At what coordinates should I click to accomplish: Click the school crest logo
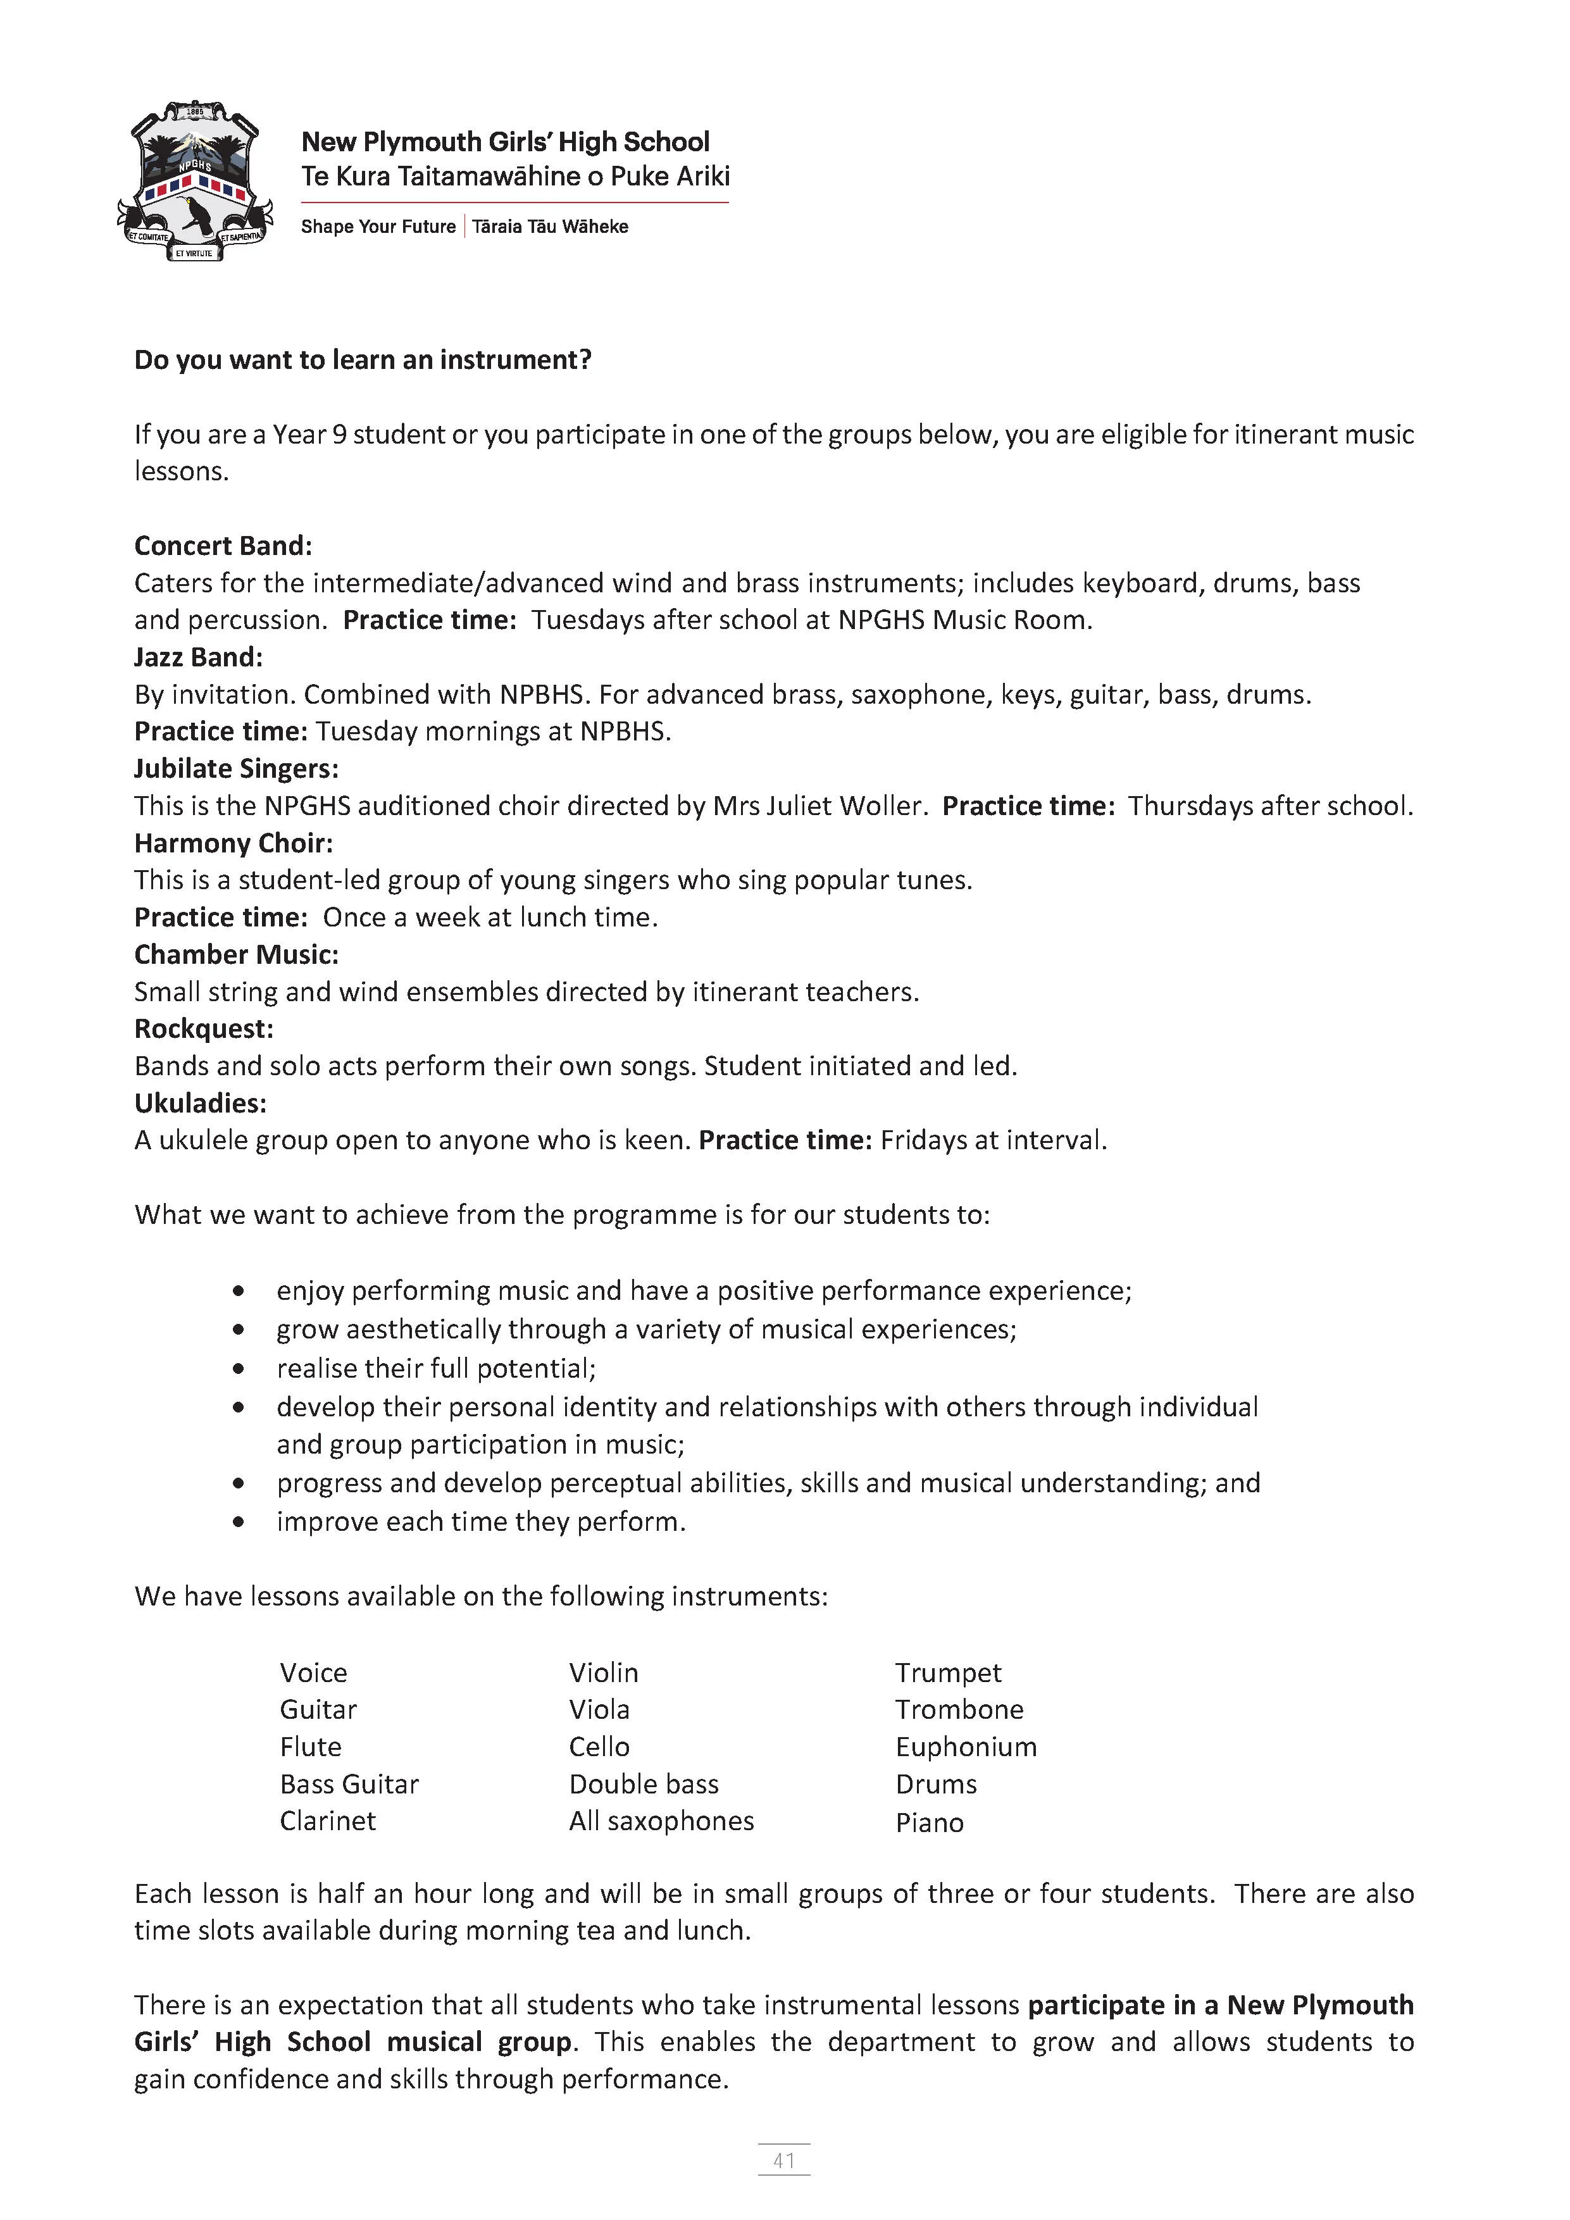point(194,182)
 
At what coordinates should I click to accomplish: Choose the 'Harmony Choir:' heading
point(233,842)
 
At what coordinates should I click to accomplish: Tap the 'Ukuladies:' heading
point(200,1102)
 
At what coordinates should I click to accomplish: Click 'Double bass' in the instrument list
point(643,1784)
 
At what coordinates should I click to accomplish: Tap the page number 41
point(783,2160)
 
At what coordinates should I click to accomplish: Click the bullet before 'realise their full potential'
point(239,1368)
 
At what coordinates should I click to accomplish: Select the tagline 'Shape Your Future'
point(378,227)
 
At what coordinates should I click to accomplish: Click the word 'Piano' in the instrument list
point(929,1823)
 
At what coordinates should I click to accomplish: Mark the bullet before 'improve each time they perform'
point(239,1522)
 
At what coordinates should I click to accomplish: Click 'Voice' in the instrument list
point(313,1672)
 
